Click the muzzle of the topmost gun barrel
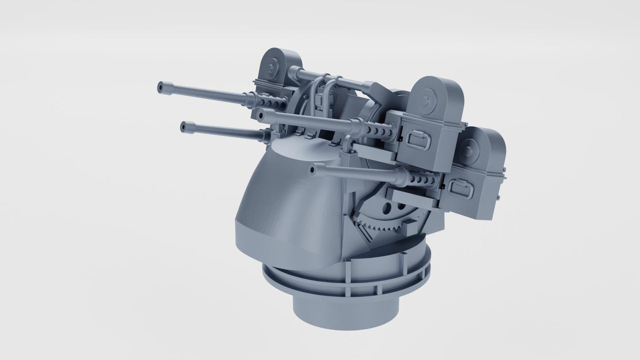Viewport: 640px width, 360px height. pyautogui.click(x=161, y=87)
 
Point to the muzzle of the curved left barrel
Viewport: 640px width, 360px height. pyautogui.click(x=184, y=127)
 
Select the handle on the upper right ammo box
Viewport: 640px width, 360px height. pyautogui.click(x=416, y=141)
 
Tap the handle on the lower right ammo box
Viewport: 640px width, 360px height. pyautogui.click(x=460, y=189)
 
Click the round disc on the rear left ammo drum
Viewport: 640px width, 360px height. pyautogui.click(x=272, y=66)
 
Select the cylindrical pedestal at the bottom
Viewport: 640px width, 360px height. pyautogui.click(x=345, y=310)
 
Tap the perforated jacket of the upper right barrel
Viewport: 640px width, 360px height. pyautogui.click(x=374, y=129)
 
